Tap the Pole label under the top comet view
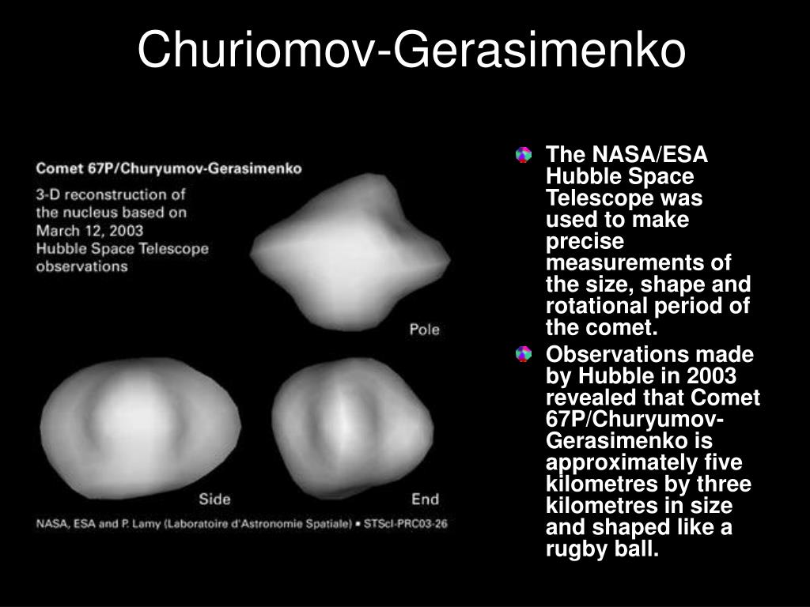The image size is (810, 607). tap(424, 330)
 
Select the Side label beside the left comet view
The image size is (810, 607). tap(214, 499)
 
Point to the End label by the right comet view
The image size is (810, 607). tap(425, 499)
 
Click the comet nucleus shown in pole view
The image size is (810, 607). tap(350, 252)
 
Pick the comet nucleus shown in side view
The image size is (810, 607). tap(140, 428)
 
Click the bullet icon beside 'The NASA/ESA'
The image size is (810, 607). tap(524, 155)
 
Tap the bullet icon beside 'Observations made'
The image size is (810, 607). tap(524, 354)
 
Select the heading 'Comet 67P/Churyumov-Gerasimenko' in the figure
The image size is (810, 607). tap(169, 169)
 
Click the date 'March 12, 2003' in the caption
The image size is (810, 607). tap(89, 231)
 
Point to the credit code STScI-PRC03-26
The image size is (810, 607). tap(406, 523)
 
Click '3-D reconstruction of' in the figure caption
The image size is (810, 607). tap(111, 194)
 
